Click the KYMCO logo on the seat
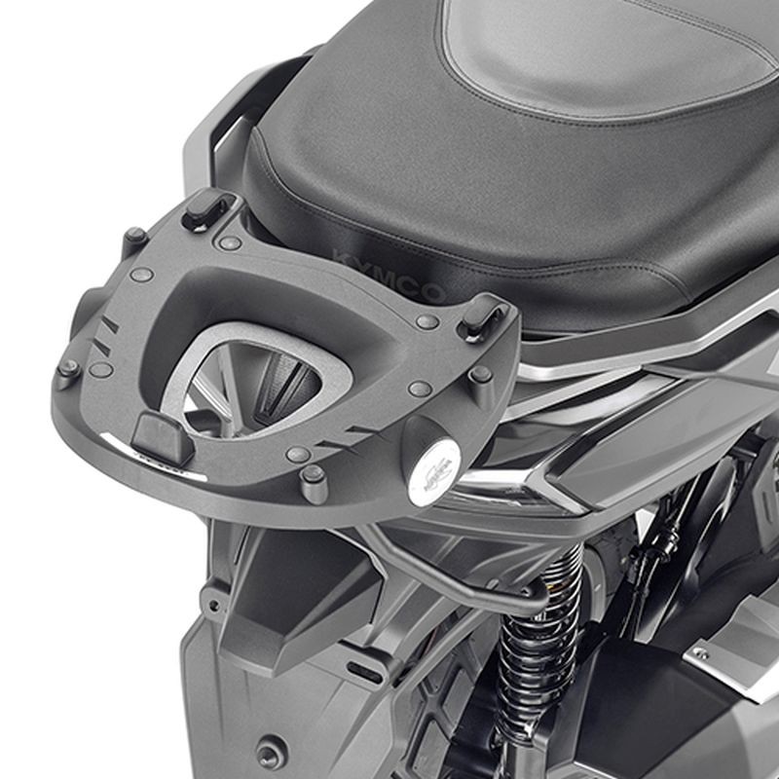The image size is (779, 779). point(388,274)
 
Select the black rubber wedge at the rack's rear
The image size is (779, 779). point(162,437)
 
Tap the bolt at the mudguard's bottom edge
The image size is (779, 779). point(265,753)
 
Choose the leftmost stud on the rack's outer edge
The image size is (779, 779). point(67,370)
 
